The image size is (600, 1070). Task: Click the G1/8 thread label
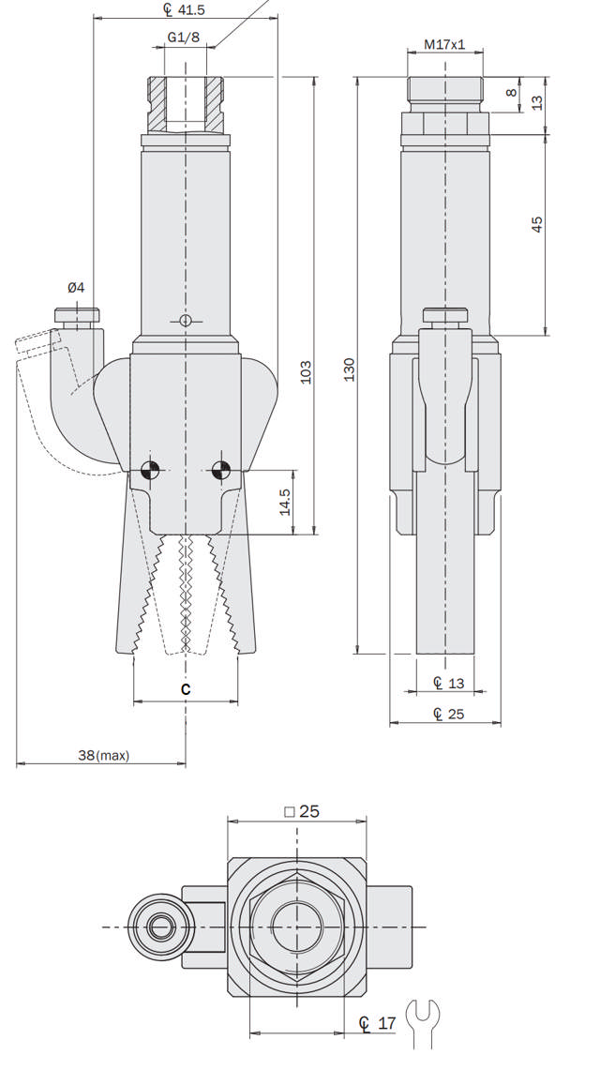[x=183, y=37]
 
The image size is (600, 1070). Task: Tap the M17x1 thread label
[x=445, y=44]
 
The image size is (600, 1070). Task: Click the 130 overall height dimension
[x=349, y=369]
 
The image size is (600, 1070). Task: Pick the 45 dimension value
[x=537, y=224]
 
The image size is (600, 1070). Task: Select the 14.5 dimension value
[x=285, y=502]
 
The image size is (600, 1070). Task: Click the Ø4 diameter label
[x=74, y=288]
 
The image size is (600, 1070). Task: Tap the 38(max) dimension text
[x=103, y=755]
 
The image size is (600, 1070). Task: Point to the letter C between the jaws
[x=186, y=689]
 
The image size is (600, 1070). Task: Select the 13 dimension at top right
[x=537, y=101]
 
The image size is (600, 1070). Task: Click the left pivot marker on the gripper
[x=147, y=470]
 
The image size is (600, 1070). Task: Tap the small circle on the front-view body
[x=186, y=321]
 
